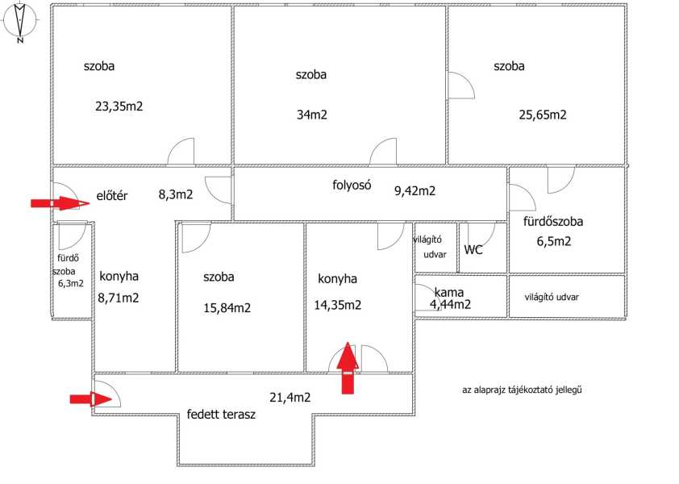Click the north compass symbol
(x=20, y=22)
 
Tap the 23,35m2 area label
(x=119, y=106)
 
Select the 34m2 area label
(x=312, y=115)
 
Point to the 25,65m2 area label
(x=543, y=115)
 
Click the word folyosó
(x=352, y=185)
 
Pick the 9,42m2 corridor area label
(x=414, y=190)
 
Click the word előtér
(x=112, y=196)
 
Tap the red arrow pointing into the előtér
(x=60, y=202)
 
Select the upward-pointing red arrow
(x=348, y=368)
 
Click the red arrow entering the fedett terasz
(x=91, y=399)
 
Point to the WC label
(x=473, y=249)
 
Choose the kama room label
(x=449, y=293)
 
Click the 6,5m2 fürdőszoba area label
(x=554, y=241)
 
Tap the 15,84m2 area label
(x=227, y=308)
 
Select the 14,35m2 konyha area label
(x=338, y=306)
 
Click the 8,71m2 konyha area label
(x=119, y=298)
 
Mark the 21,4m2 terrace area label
(x=290, y=398)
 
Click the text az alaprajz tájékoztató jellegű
(x=522, y=390)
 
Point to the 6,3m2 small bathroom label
(x=71, y=284)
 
